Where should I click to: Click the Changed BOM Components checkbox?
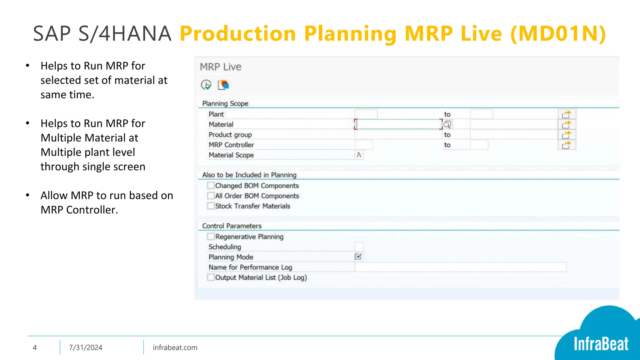[211, 186]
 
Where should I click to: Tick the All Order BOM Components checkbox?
[211, 196]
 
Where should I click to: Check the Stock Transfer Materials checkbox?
[211, 206]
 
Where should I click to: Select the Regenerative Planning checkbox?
[211, 237]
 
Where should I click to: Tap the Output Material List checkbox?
[211, 277]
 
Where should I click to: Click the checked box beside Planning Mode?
[358, 257]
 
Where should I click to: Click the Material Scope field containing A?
[359, 155]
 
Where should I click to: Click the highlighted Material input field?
[398, 124]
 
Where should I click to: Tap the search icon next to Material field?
[447, 125]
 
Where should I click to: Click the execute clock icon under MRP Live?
[206, 85]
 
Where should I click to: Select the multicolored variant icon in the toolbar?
[223, 85]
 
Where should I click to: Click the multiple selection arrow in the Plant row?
[567, 114]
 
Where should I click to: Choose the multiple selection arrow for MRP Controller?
[567, 145]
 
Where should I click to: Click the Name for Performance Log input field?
[460, 267]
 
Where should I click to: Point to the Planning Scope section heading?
[225, 103]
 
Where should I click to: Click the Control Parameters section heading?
[232, 226]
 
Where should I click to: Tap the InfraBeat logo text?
[601, 344]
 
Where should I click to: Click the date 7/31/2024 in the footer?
[86, 347]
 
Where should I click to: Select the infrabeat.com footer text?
[175, 347]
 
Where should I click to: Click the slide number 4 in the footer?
[35, 347]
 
